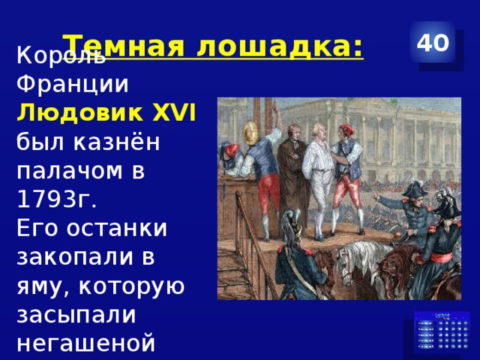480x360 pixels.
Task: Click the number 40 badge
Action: pos(433,43)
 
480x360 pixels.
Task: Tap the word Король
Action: pos(55,56)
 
